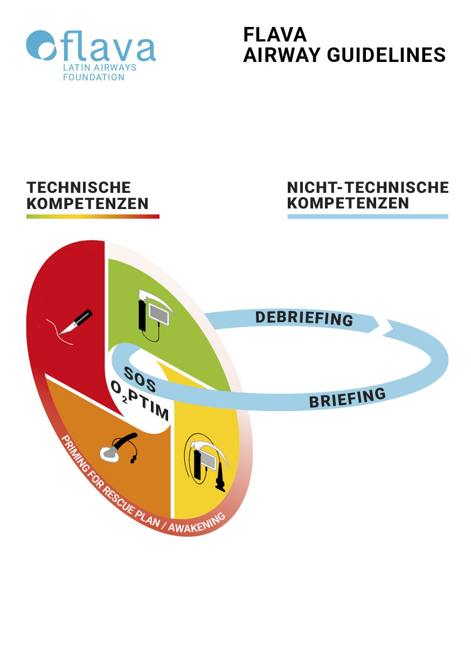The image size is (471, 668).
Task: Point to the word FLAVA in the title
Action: click(275, 34)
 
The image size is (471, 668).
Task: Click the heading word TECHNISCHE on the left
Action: click(79, 187)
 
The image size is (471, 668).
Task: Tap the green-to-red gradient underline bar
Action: click(93, 217)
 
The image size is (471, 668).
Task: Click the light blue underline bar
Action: click(368, 217)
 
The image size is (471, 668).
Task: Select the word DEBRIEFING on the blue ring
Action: click(304, 318)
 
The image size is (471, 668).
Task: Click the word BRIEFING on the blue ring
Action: click(348, 398)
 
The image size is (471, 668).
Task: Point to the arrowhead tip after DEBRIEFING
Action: click(379, 325)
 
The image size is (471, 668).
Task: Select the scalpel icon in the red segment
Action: click(76, 323)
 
